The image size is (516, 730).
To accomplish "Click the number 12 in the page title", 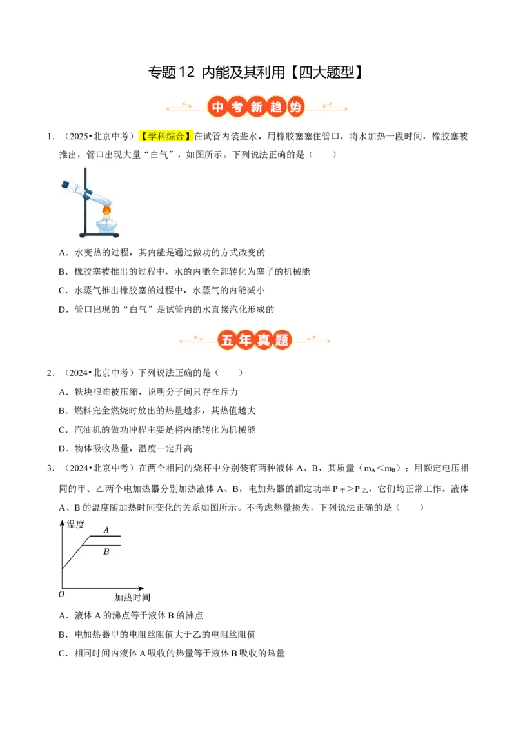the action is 186,72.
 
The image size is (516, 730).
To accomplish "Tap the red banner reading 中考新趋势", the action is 257,107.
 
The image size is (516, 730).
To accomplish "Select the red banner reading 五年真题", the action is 255,340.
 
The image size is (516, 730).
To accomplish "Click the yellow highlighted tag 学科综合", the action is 166,136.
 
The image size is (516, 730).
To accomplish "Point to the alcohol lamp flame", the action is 106,210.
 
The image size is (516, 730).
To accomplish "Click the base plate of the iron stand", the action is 99,235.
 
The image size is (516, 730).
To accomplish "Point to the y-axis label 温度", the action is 75,524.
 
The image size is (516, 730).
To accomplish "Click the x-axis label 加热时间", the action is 133,597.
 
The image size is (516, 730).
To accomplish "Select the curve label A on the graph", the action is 106,530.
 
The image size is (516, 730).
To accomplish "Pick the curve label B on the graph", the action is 106,551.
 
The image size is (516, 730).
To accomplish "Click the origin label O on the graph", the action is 61,594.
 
